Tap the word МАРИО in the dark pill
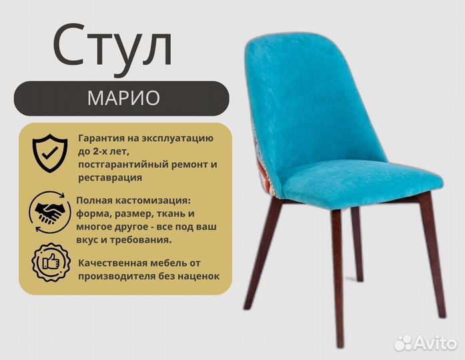[123, 98]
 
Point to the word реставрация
[109, 177]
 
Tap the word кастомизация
[151, 201]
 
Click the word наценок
[198, 275]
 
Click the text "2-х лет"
[108, 151]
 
